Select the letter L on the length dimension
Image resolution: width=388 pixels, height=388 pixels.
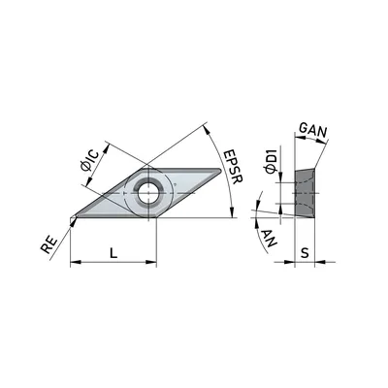pyautogui.click(x=113, y=252)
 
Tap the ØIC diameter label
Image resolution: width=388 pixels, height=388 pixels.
pyautogui.click(x=89, y=161)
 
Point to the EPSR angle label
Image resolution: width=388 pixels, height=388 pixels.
pyautogui.click(x=234, y=167)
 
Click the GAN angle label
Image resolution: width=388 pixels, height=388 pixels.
pyautogui.click(x=313, y=130)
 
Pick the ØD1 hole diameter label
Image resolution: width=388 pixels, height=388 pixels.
pyautogui.click(x=271, y=161)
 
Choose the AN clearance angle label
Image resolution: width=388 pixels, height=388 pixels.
pyautogui.click(x=269, y=238)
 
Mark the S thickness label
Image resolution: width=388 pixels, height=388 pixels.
pyautogui.click(x=305, y=253)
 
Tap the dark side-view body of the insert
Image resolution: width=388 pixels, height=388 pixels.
pyautogui.click(x=305, y=193)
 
